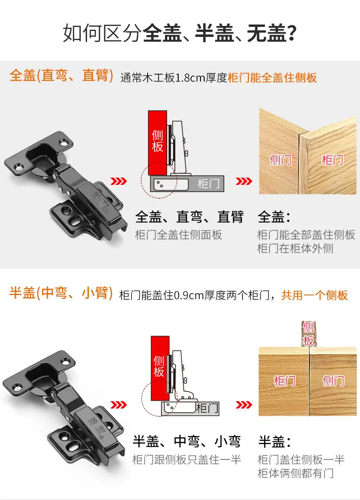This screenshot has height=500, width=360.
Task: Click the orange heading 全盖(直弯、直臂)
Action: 61,76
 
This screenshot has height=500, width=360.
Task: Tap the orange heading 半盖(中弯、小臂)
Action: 61,293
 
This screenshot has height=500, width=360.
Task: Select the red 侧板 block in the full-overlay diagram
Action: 157,143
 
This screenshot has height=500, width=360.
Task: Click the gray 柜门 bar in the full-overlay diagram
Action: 187,184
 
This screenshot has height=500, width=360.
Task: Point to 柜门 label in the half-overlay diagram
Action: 207,408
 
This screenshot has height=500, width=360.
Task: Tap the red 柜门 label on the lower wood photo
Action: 285,381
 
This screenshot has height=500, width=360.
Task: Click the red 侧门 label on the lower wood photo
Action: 333,381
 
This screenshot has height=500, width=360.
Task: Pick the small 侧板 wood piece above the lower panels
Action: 309,334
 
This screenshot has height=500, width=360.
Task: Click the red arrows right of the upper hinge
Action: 119,181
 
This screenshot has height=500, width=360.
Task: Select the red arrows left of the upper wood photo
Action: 244,181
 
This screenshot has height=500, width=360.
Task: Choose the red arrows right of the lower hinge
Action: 119,405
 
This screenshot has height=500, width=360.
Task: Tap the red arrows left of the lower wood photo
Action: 244,405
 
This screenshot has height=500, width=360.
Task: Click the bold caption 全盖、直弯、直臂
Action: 190,217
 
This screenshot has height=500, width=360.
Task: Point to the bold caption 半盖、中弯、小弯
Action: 187,441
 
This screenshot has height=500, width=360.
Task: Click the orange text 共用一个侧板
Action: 314,295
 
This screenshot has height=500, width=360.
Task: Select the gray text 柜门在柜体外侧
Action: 295,248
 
